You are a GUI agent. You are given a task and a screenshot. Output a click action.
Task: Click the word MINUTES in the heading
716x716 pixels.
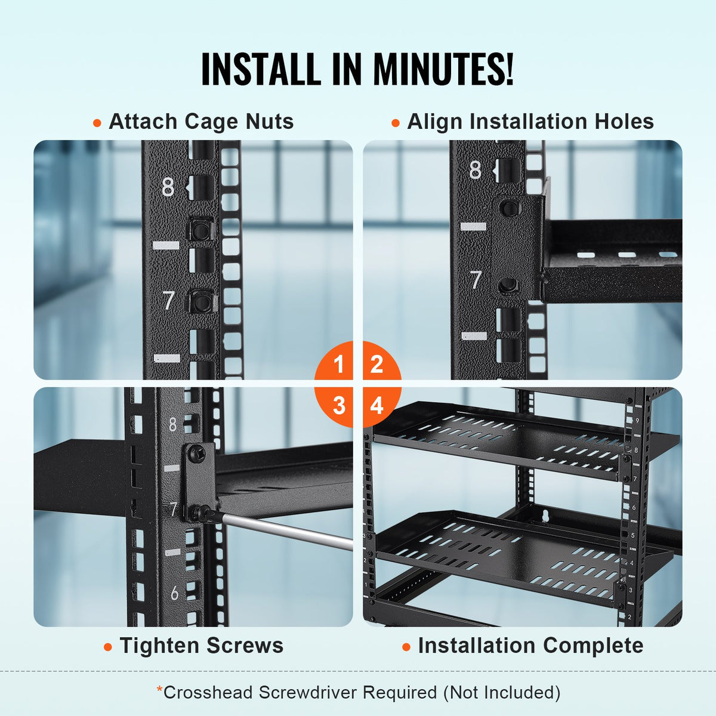(442, 69)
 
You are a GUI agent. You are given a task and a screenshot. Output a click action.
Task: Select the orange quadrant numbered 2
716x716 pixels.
(377, 364)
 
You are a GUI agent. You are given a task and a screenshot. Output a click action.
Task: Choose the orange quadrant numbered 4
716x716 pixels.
(377, 406)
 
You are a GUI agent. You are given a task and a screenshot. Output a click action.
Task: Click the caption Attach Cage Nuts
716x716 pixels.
(201, 122)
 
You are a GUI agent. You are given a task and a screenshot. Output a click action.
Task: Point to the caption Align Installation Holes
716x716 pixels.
(530, 122)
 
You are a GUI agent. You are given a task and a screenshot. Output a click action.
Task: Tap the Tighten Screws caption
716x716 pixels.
(202, 646)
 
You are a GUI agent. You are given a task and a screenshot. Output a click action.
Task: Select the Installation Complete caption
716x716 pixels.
(530, 646)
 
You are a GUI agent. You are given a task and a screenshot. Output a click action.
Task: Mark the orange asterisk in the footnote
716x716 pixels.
(159, 690)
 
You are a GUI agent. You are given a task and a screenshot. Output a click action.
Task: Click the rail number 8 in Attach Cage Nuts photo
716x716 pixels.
(168, 187)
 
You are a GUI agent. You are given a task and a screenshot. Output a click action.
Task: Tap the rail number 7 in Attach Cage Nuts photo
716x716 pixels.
(169, 301)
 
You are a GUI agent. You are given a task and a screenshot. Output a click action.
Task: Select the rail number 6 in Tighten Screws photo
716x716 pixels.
(174, 593)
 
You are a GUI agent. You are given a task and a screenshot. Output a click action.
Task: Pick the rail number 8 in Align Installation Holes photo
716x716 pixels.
(475, 170)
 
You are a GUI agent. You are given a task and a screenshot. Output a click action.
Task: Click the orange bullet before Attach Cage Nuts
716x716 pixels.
(97, 123)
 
